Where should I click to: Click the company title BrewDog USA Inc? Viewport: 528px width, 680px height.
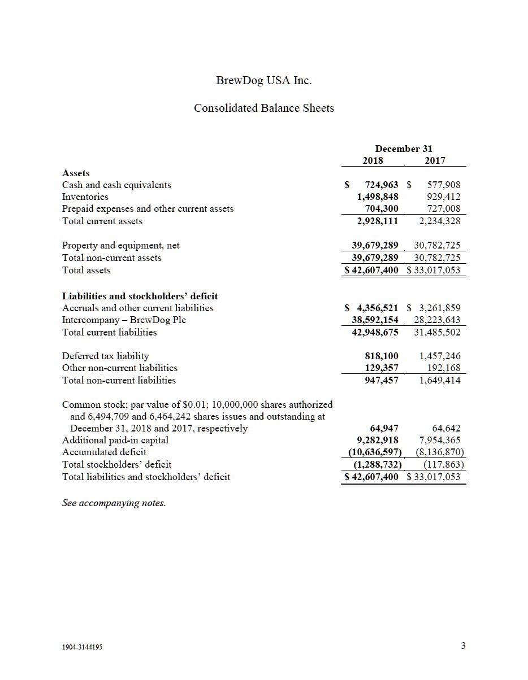pyautogui.click(x=263, y=80)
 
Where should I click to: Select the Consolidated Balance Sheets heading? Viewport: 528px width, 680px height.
pyautogui.click(x=263, y=108)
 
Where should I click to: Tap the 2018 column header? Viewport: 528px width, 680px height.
pyautogui.click(x=373, y=160)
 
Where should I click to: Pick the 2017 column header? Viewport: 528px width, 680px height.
pyautogui.click(x=435, y=160)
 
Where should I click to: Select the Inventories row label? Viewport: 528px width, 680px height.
pyautogui.click(x=85, y=197)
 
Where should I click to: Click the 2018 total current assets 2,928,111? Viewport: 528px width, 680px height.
pyautogui.click(x=377, y=221)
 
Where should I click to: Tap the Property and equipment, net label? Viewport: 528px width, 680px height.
pyautogui.click(x=120, y=245)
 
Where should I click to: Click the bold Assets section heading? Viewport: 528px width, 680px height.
pyautogui.click(x=76, y=173)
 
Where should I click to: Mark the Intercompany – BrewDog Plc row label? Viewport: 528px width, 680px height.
pyautogui.click(x=124, y=320)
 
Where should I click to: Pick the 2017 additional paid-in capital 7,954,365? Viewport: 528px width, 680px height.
pyautogui.click(x=439, y=440)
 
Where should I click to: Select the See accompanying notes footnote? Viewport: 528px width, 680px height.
pyautogui.click(x=114, y=503)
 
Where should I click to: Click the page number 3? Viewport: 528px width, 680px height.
pyautogui.click(x=463, y=646)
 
